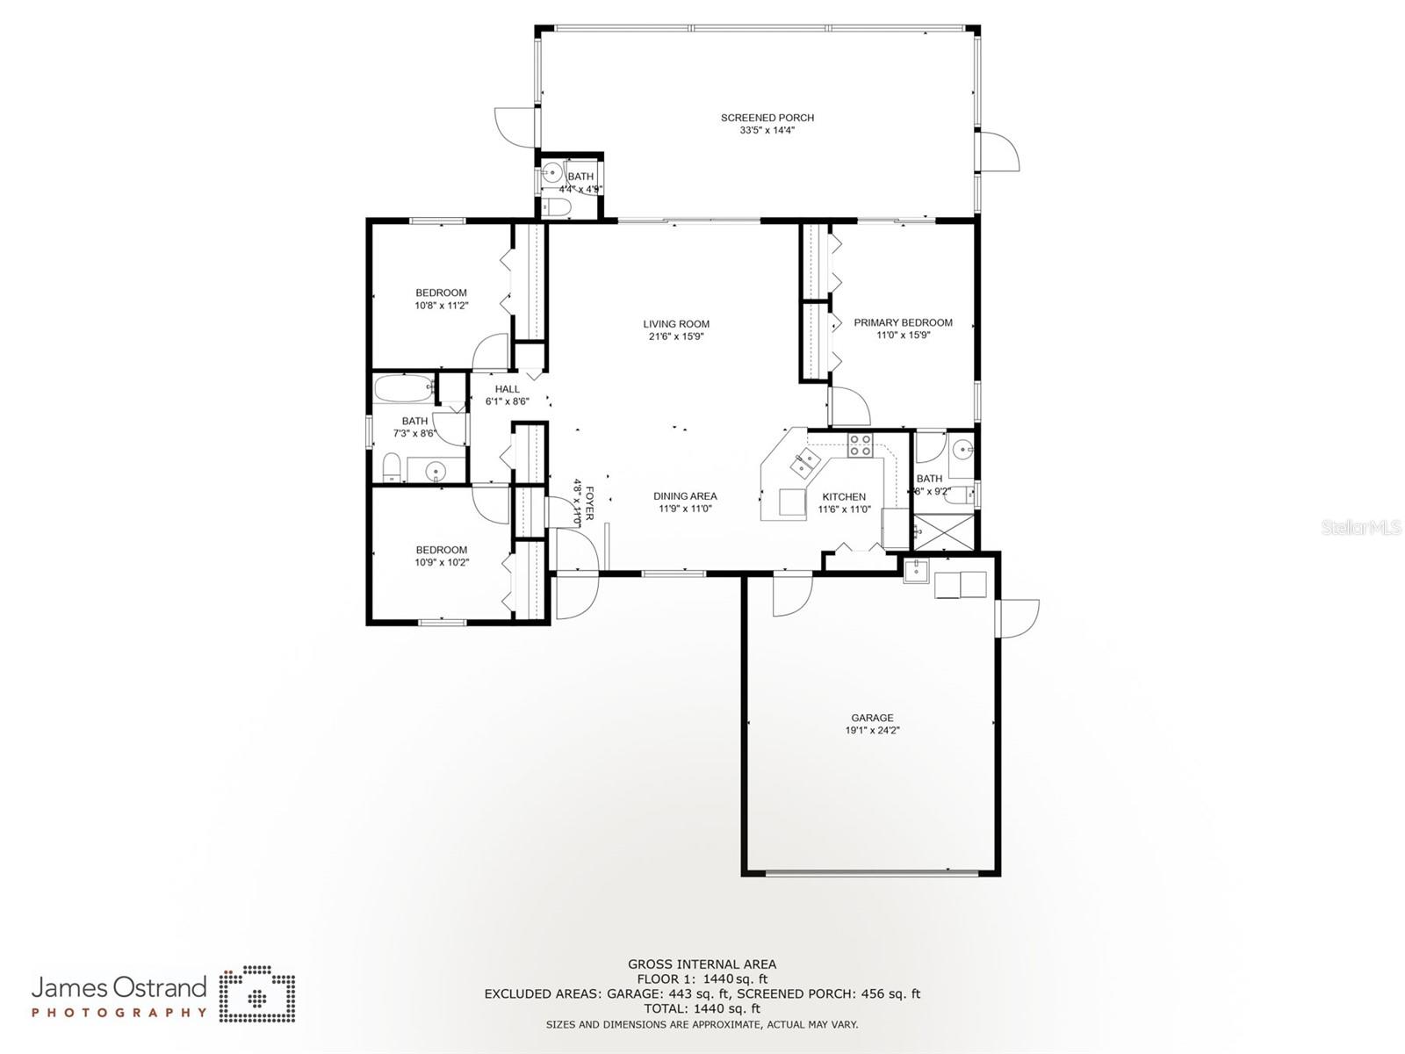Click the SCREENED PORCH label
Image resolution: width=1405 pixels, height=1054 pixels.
pos(767,118)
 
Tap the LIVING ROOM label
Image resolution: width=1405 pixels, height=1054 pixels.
pos(675,324)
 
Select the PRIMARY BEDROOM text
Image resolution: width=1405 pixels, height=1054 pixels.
pos(903,322)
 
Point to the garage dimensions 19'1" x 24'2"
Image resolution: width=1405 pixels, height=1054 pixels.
pos(871,731)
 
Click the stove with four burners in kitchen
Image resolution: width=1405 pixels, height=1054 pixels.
pos(860,445)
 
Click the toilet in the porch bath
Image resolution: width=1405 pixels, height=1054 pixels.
pos(556,208)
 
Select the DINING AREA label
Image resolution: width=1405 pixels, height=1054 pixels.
pos(684,496)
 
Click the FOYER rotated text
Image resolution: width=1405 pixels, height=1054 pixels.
pos(590,502)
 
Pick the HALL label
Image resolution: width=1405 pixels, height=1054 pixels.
pos(507,389)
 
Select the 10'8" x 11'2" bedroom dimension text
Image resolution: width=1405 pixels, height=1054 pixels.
pos(441,306)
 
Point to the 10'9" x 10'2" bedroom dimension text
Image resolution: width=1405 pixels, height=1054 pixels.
pos(442,562)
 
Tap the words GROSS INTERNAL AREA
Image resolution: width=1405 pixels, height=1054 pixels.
pos(702,964)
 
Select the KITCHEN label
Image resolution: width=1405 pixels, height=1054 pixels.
pos(843,497)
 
